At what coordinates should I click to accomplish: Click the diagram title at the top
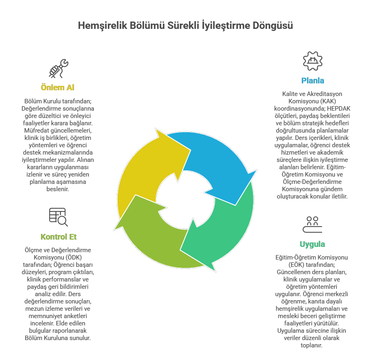coord(185,26)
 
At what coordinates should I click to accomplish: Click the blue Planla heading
coord(312,81)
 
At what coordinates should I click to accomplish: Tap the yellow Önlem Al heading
coord(57,87)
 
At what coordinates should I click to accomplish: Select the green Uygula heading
coord(312,244)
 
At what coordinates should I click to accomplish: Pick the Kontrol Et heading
coord(59,237)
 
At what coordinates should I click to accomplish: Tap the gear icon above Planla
coord(312,61)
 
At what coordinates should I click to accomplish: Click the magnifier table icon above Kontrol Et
coord(59,217)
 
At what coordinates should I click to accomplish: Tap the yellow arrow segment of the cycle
coord(142,171)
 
